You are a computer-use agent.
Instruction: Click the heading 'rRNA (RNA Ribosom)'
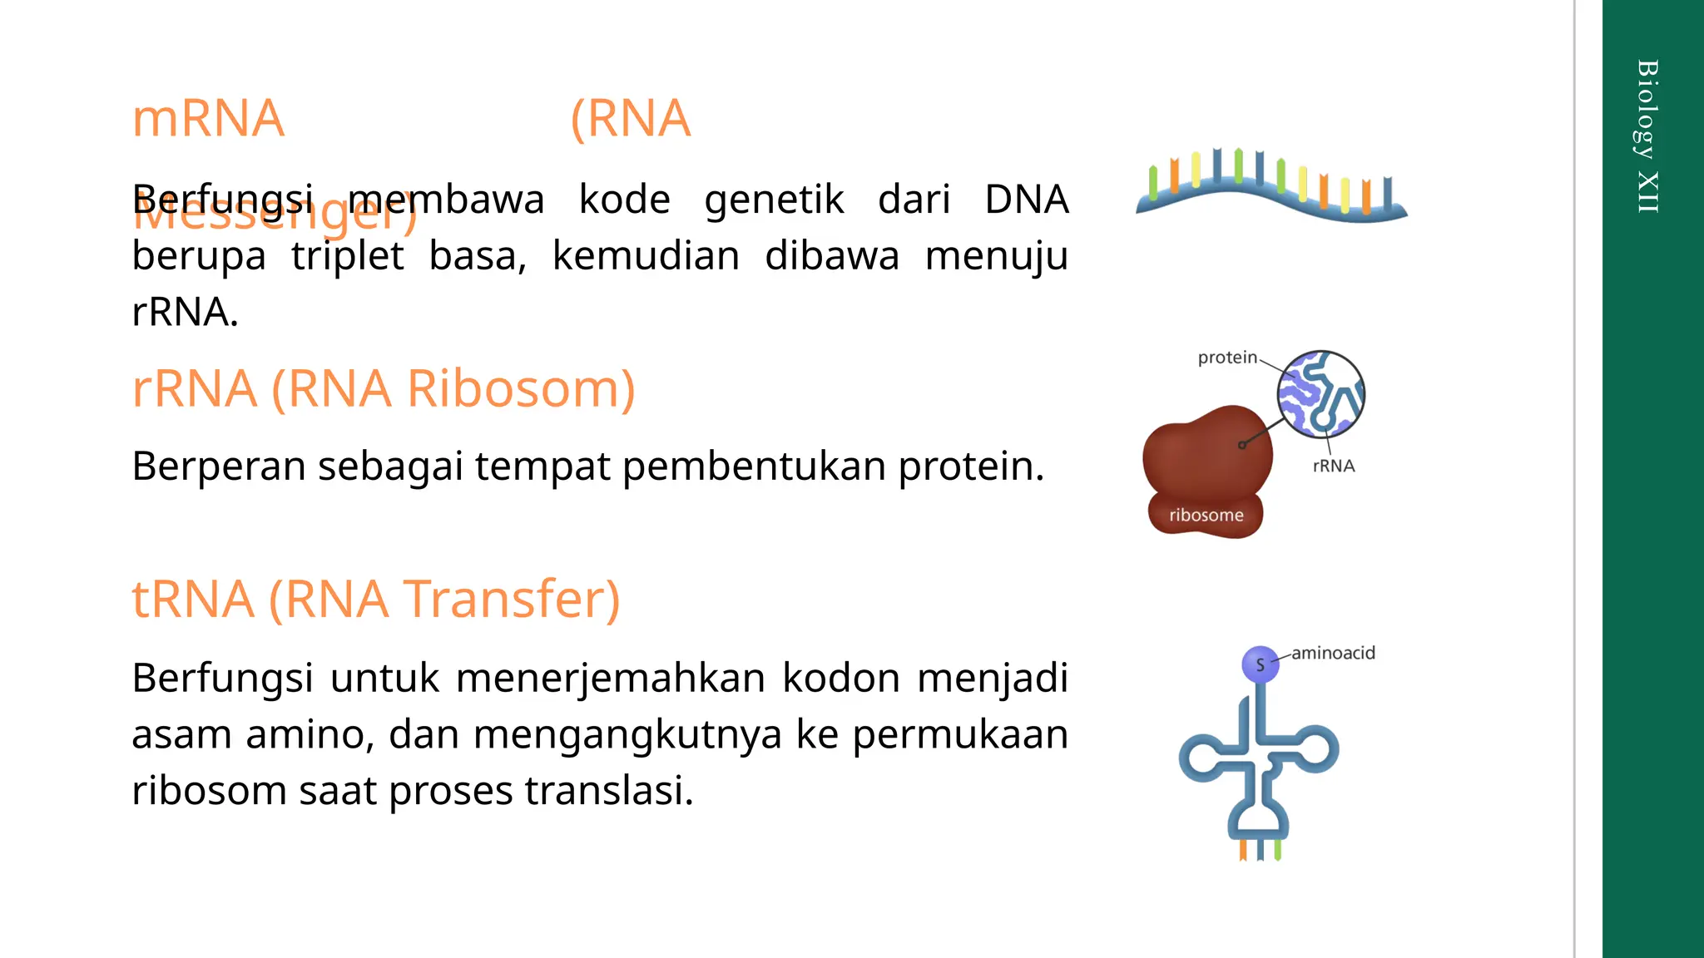[383, 389]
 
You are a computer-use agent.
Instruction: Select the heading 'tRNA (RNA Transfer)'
[376, 600]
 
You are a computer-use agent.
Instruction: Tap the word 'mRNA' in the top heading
[208, 119]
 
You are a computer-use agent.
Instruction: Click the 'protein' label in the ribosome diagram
[1227, 358]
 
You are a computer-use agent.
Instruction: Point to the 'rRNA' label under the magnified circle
[1334, 467]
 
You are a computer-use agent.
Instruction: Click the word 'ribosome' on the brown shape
[1206, 516]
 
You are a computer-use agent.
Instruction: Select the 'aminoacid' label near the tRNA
[1333, 654]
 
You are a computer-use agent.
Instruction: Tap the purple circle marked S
[1260, 664]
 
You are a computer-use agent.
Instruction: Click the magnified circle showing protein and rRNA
[1321, 394]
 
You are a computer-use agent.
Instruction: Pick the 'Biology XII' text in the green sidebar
[1647, 136]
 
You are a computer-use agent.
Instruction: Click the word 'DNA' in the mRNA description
[1026, 200]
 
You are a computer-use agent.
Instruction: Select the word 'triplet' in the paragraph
[347, 256]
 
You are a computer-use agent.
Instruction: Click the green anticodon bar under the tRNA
[1277, 850]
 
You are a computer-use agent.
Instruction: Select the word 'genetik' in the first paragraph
[774, 200]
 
